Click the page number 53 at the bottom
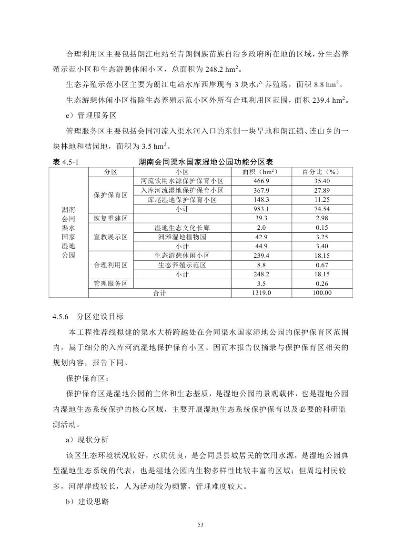[200, 525]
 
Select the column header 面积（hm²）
[261, 172]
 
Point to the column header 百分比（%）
[322, 172]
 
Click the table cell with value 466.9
[261, 181]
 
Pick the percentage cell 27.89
[322, 190]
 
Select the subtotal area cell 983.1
[261, 209]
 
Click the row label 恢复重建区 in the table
[111, 218]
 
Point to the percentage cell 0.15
[322, 227]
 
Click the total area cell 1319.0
[261, 293]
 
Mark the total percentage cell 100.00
[322, 293]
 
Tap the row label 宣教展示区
[111, 237]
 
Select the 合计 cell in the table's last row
[159, 293]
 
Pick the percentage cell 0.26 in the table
[322, 283]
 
